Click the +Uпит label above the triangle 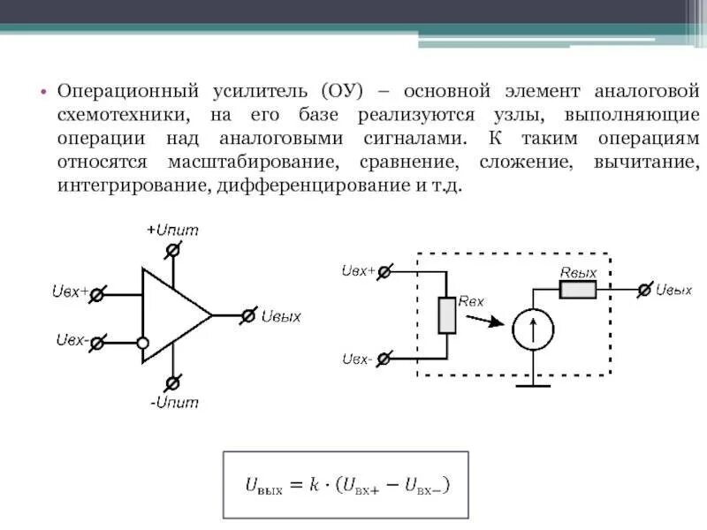[172, 230]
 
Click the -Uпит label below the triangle [174, 403]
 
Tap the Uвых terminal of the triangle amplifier [249, 314]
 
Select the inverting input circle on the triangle [142, 343]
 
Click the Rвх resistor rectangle [447, 315]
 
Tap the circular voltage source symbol [533, 329]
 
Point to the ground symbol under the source [533, 383]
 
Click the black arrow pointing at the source [482, 320]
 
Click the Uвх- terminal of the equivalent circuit [384, 359]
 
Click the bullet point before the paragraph [42, 92]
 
